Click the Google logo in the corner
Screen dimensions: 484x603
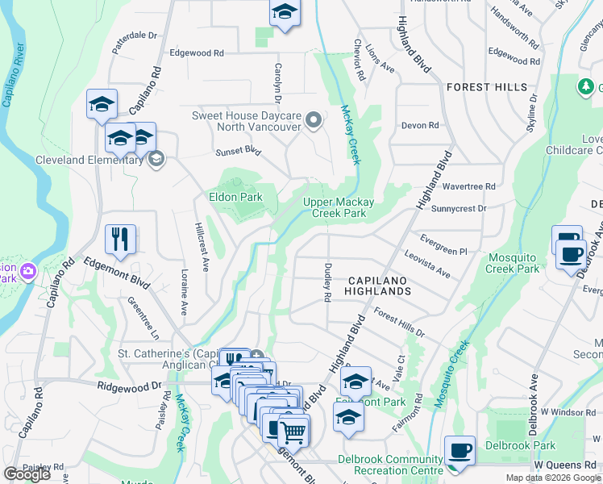27,474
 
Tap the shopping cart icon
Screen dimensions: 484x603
293,432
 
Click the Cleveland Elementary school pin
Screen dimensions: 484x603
156,159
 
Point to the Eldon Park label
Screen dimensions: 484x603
236,197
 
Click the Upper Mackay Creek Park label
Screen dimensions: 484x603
335,208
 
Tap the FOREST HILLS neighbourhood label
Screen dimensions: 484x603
487,87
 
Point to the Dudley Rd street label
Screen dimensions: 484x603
326,282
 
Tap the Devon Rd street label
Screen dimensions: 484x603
420,126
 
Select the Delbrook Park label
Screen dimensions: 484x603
532,445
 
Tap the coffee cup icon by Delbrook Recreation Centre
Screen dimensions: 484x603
460,450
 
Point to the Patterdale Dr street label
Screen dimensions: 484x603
135,36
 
